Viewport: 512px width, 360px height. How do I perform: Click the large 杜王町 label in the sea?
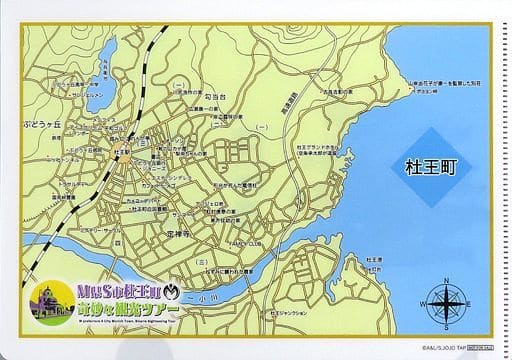pos(425,167)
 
